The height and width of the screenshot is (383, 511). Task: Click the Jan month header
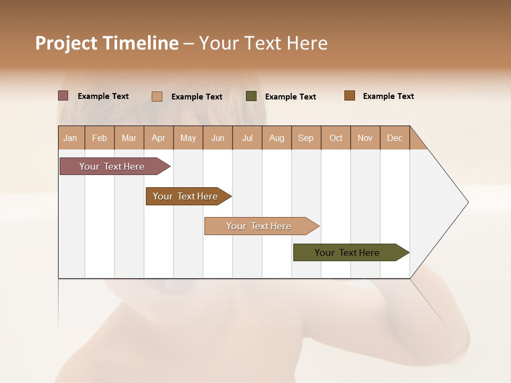[71, 138]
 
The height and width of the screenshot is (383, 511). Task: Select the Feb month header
[100, 138]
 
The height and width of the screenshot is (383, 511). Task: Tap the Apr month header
[159, 138]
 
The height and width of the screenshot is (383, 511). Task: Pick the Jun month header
[218, 138]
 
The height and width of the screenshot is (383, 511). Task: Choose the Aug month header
[277, 138]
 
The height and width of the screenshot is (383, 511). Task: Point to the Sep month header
[306, 138]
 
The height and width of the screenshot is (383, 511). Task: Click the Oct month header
[336, 138]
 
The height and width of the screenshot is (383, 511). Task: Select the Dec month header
[395, 138]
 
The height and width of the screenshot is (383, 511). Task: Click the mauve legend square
[63, 96]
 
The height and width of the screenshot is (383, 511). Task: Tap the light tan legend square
[157, 96]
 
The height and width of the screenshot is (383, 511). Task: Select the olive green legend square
[251, 96]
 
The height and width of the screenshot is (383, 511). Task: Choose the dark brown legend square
[350, 96]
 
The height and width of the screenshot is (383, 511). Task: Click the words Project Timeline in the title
[107, 43]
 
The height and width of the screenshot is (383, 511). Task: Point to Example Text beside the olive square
[291, 97]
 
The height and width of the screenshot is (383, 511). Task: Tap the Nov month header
[365, 138]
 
